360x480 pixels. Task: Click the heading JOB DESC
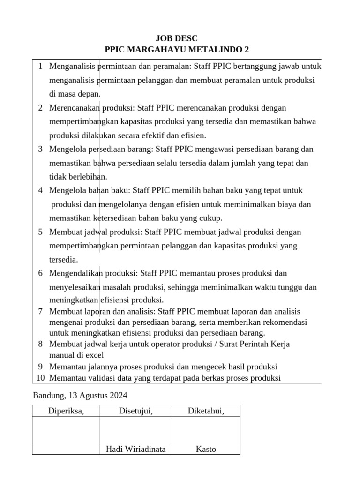[x=177, y=38]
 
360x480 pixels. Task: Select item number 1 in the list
[x=41, y=66]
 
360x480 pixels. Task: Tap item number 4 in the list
[x=41, y=190]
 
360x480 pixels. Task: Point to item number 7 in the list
[x=41, y=311]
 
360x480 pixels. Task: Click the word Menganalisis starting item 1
[x=75, y=66]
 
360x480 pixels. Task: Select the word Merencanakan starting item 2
[x=75, y=108]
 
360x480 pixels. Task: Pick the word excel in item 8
[x=94, y=355]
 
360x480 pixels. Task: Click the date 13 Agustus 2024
[x=98, y=395]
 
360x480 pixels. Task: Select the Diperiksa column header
[x=66, y=411]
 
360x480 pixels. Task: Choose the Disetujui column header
[x=136, y=411]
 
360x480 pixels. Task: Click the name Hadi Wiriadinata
[x=136, y=449]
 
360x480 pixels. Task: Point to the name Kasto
[x=206, y=449]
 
